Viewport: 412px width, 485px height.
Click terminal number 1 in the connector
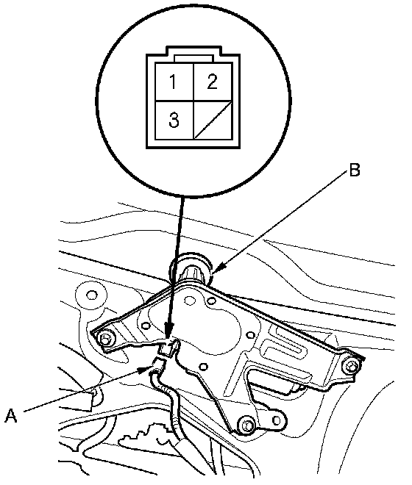(174, 82)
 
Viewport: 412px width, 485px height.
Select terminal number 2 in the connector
(213, 82)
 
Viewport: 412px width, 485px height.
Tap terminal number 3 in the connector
(174, 120)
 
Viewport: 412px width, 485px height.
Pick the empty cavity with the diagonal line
(213, 120)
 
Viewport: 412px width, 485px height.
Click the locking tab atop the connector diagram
(194, 59)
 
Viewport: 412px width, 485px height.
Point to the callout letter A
(11, 415)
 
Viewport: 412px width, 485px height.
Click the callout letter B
(355, 170)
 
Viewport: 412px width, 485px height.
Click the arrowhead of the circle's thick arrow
(169, 331)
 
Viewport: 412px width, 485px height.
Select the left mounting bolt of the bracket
(104, 339)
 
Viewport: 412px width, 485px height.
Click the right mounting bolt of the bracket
(351, 367)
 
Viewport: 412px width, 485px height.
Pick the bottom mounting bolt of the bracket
(246, 426)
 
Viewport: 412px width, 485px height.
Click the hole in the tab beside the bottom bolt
(277, 420)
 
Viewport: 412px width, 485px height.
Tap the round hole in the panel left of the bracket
(92, 295)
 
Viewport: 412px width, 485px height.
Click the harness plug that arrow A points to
(159, 365)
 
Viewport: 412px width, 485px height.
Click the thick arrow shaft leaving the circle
(177, 260)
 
